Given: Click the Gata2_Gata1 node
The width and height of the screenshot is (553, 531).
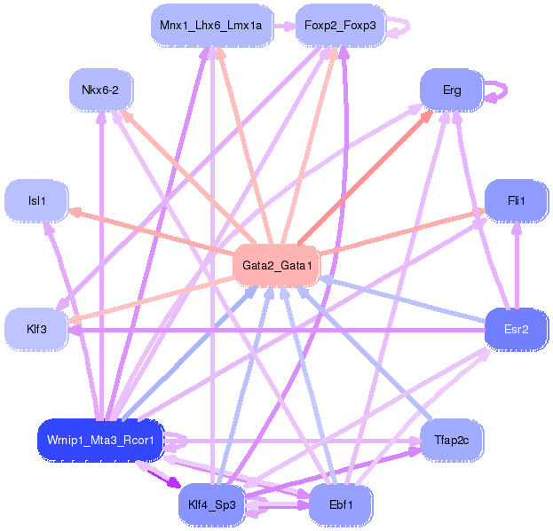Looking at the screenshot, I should coord(275,265).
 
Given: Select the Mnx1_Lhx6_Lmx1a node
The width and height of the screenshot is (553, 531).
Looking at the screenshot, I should coord(211,26).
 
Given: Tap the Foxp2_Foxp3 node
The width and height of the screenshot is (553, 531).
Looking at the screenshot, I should coord(336,26).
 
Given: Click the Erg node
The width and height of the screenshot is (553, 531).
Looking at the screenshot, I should coord(452,90).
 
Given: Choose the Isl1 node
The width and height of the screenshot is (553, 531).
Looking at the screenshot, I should coord(36,201).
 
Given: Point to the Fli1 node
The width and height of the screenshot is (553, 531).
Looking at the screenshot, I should coord(516,201).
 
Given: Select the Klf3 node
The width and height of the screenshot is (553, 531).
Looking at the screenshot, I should coord(36,330).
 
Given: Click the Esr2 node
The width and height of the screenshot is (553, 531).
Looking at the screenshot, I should coord(516,330).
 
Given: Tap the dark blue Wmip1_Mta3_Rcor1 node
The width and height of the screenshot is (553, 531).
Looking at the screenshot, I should coord(100,440).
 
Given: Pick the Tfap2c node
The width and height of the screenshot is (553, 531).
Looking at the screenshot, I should coord(451,440).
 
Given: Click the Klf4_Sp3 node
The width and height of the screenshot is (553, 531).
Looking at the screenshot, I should coord(211,505).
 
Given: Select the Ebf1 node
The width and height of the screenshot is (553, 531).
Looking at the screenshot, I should coord(340,505).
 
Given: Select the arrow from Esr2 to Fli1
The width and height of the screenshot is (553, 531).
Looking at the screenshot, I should coord(516,266).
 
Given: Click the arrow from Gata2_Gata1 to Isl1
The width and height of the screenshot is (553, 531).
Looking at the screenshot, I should coord(151,232).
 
